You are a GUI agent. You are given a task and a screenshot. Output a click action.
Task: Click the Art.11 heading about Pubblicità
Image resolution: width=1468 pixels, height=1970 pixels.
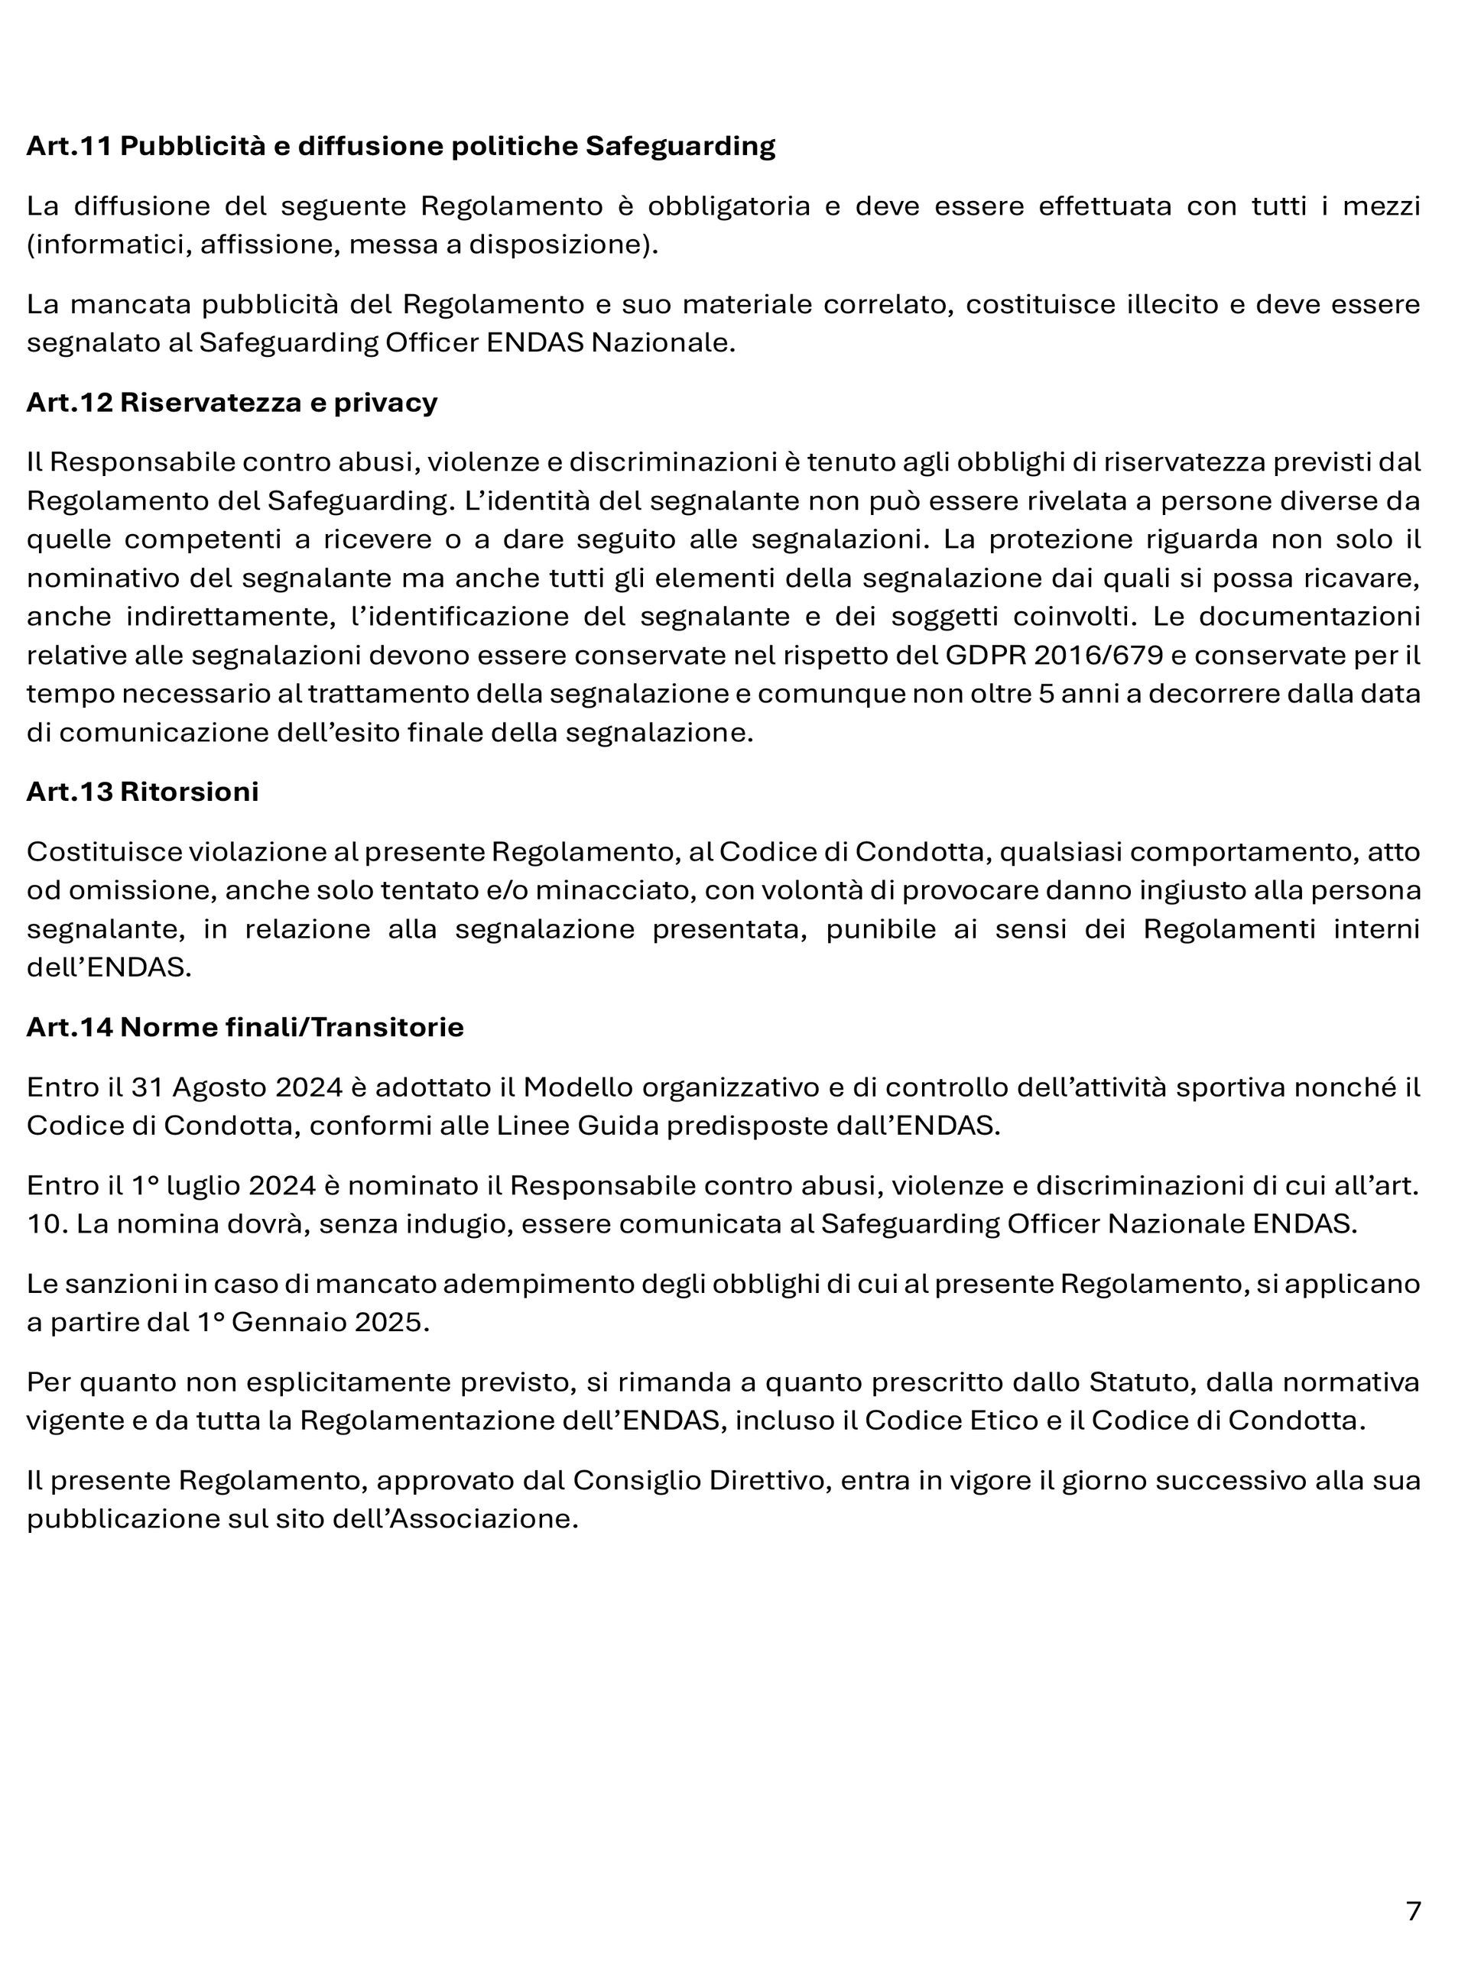(400, 146)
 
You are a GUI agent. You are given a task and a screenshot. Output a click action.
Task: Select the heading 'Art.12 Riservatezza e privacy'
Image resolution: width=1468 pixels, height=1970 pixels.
(232, 403)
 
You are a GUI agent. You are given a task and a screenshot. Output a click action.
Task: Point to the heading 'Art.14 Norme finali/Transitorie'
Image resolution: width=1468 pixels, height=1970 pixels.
(245, 1028)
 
